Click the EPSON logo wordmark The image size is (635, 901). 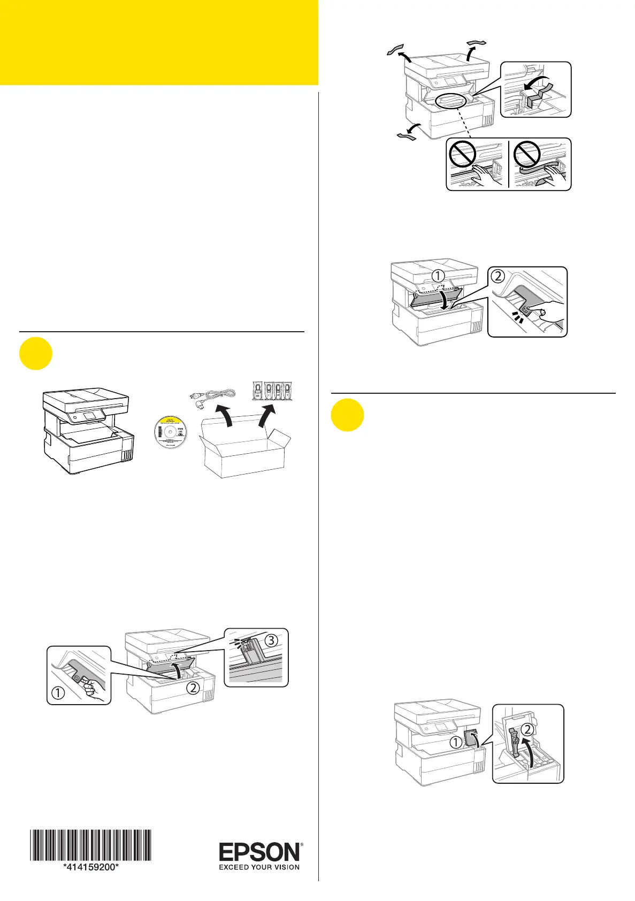260,851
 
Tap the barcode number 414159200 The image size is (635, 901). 90,867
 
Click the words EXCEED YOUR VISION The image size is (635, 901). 259,867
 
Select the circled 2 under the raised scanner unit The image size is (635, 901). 193,688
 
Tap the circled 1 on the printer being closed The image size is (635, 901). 438,276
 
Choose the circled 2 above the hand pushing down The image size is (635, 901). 498,276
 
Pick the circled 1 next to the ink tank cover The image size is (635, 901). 455,742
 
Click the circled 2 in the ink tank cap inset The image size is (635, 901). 527,728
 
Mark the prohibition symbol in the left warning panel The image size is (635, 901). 462,156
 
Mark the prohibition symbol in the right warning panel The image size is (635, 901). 526,156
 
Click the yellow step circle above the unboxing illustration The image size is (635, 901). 36,355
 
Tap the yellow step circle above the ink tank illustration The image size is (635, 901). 347,416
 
